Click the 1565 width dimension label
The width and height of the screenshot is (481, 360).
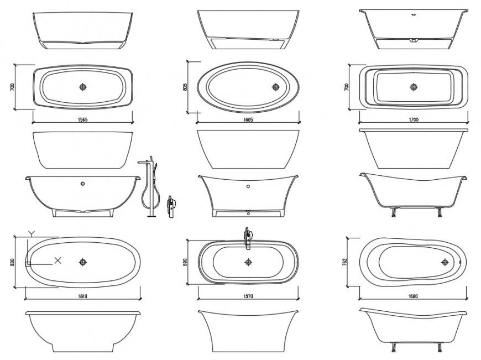[x=83, y=119]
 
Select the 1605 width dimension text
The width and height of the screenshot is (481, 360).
[x=247, y=119]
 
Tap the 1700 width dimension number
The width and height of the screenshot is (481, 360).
[x=414, y=119]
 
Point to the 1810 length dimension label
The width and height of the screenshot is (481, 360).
[x=82, y=296]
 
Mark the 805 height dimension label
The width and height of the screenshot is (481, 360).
[x=186, y=87]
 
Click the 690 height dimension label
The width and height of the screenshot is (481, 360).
[x=186, y=262]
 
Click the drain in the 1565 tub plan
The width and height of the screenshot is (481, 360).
[x=83, y=87]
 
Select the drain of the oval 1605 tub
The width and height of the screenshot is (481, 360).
[x=275, y=87]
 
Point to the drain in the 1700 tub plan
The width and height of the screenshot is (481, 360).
[x=413, y=87]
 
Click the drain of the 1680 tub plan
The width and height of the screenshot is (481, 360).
[x=445, y=262]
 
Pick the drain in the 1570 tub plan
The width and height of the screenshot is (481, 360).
[x=248, y=262]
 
